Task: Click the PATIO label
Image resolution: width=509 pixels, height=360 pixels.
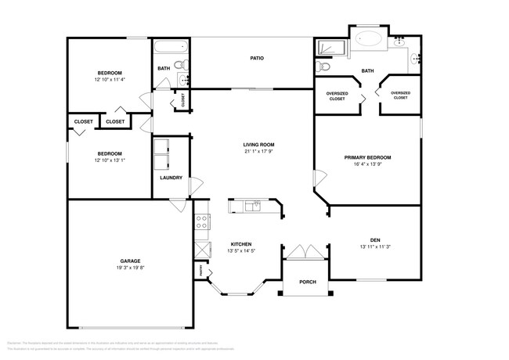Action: pos(256,58)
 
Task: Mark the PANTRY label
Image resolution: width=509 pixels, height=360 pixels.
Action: pos(200,271)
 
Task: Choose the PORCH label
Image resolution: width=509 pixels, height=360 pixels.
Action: pos(308,282)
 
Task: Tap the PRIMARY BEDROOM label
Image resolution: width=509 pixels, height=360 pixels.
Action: pos(367,157)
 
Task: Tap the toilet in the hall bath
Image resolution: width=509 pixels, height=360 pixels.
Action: pos(179,65)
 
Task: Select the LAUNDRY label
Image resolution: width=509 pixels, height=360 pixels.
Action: pos(171,178)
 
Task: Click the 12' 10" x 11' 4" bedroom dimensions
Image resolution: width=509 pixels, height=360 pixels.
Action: pos(109,79)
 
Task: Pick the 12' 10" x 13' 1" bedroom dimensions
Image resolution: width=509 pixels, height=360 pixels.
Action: pos(109,160)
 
